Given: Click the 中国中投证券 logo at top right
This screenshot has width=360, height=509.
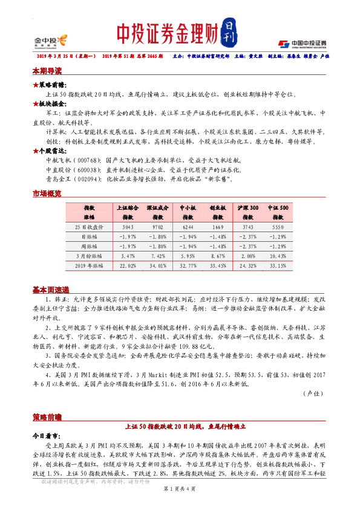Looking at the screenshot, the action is click(303, 43).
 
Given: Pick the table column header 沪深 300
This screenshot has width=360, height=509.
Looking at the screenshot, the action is click(250, 207).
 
